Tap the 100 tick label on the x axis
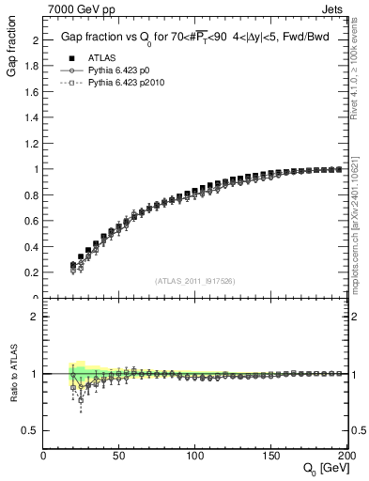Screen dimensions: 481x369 tap(195, 457)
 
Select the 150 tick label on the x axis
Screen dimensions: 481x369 tap(270, 457)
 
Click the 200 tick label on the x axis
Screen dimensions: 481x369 tap(345, 457)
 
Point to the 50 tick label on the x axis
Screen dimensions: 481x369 tap(119, 457)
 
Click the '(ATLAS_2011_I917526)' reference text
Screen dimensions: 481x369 tap(193, 281)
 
